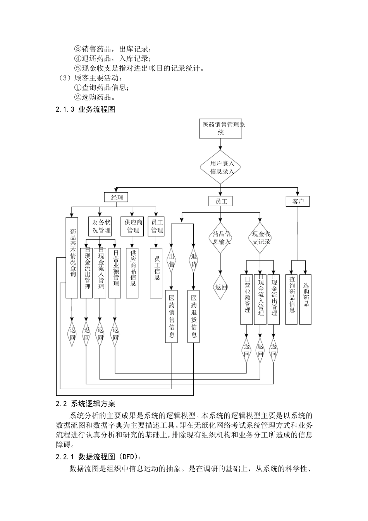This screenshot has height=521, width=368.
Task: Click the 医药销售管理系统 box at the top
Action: tap(220, 128)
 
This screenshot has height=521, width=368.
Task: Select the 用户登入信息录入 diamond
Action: tap(220, 167)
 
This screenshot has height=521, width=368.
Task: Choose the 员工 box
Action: tap(220, 201)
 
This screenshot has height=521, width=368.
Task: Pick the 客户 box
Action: tap(298, 201)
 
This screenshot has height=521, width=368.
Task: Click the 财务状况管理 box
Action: tap(100, 226)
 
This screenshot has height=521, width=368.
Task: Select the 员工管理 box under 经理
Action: tap(156, 226)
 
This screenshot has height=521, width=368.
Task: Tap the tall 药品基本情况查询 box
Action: tap(72, 257)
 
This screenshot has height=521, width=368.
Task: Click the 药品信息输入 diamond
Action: tap(220, 238)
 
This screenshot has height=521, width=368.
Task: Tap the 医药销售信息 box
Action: tap(172, 316)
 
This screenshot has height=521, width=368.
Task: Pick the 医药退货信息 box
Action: tap(194, 316)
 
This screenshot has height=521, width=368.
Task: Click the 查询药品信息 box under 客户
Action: tap(292, 299)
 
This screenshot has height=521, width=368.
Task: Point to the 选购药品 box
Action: tap(306, 299)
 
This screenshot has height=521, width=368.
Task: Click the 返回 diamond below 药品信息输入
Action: tap(220, 287)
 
